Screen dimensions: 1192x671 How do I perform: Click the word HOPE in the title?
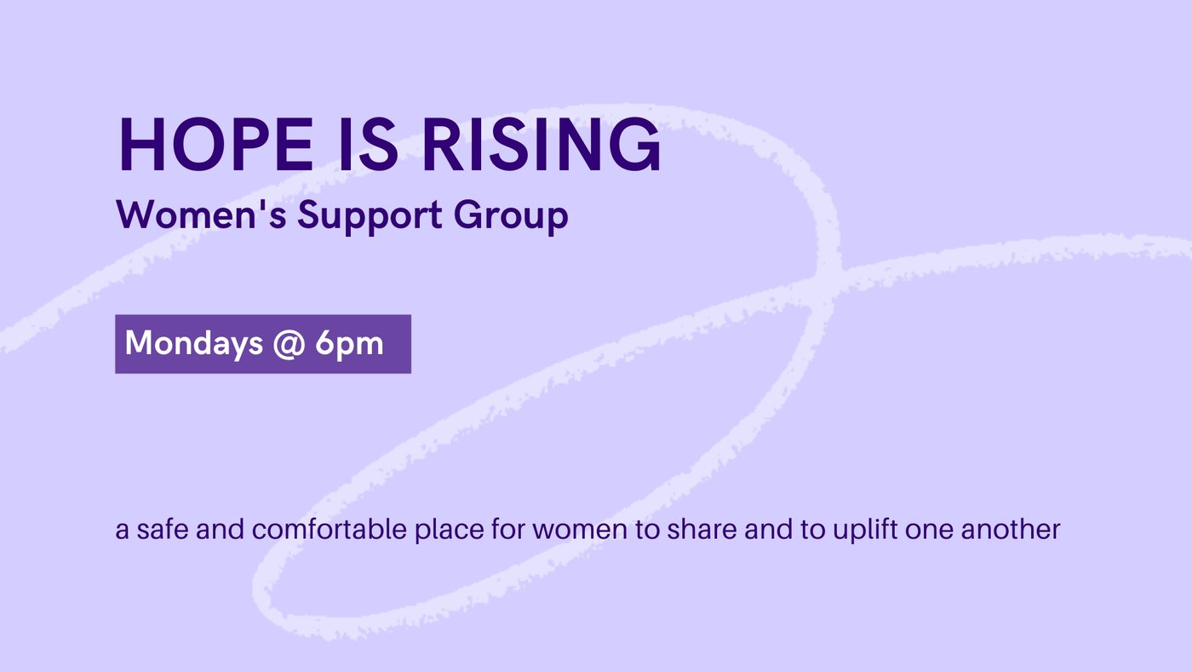(216, 145)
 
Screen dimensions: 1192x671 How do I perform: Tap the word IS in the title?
(368, 145)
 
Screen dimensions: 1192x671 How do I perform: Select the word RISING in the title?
(542, 145)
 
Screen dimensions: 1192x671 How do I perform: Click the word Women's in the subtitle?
(202, 215)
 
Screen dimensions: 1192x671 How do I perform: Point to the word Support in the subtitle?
(370, 218)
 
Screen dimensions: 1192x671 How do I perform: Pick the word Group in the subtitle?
(511, 218)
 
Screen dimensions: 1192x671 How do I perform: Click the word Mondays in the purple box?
(194, 343)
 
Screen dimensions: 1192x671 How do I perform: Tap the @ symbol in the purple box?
(289, 344)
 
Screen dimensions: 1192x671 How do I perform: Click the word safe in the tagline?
(163, 530)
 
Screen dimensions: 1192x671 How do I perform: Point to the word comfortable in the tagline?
(330, 530)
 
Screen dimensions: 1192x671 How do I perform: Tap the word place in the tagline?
(450, 531)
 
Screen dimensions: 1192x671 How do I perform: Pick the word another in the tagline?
(1011, 530)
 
